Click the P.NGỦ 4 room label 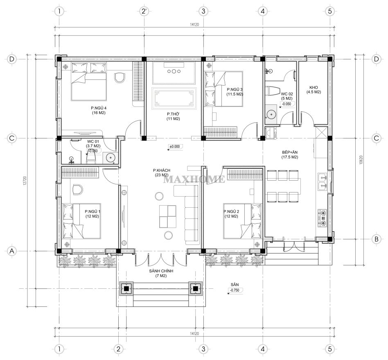pyautogui.click(x=99, y=111)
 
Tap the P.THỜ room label pyautogui.click(x=173, y=116)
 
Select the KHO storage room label pyautogui.click(x=314, y=90)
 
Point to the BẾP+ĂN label pyautogui.click(x=289, y=155)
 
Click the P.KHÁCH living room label pyautogui.click(x=162, y=172)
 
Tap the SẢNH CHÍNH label pyautogui.click(x=161, y=273)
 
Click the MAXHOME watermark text pyautogui.click(x=194, y=179)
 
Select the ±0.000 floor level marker pyautogui.click(x=175, y=147)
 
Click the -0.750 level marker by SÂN pyautogui.click(x=235, y=290)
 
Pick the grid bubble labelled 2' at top pyautogui.click(x=144, y=11)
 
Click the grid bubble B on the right pyautogui.click(x=377, y=239)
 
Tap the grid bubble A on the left pyautogui.click(x=11, y=251)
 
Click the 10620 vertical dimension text pyautogui.click(x=361, y=160)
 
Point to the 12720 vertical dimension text pyautogui.click(x=24, y=181)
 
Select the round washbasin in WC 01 pyautogui.click(x=109, y=157)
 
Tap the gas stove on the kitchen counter pyautogui.click(x=323, y=218)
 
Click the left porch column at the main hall pyautogui.click(x=126, y=288)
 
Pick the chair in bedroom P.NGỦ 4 pyautogui.click(x=120, y=77)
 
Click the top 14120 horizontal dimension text pyautogui.click(x=194, y=25)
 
